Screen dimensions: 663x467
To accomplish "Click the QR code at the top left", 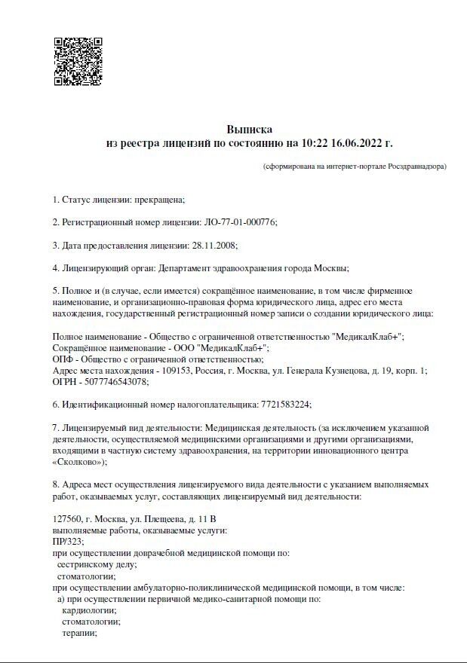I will [x=78, y=62].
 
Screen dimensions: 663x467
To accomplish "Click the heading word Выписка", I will [x=249, y=129].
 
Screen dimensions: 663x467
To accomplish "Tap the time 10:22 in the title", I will [x=314, y=142].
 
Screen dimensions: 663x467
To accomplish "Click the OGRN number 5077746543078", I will [x=110, y=381].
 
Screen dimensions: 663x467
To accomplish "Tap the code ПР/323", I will [x=68, y=542].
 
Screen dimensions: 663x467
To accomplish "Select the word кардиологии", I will [x=89, y=610].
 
